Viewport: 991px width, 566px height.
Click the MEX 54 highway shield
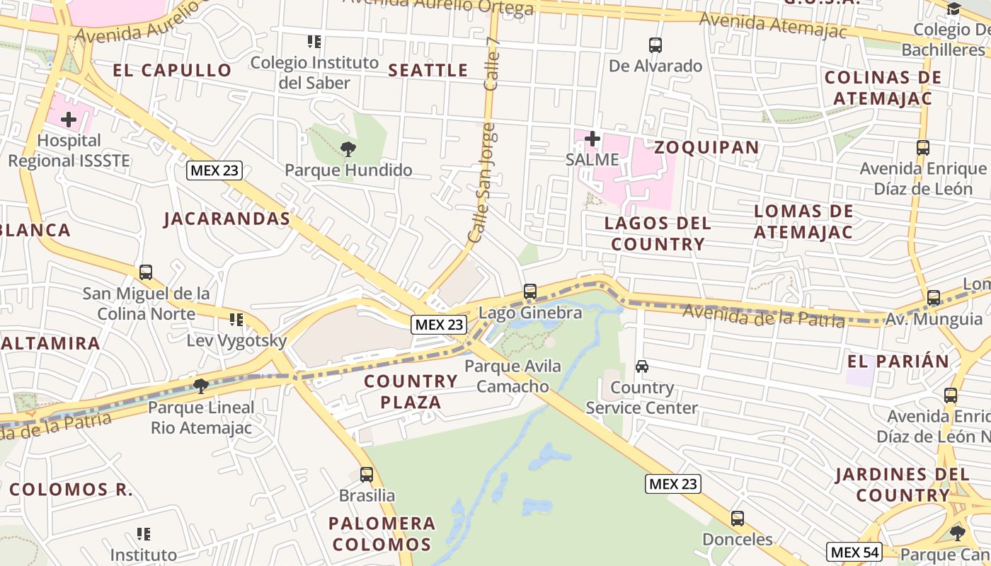pyautogui.click(x=854, y=552)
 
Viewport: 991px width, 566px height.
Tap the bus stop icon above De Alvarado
pyautogui.click(x=655, y=45)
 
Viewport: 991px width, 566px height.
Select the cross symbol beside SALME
pyautogui.click(x=592, y=139)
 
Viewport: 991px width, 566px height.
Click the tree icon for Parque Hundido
pyautogui.click(x=348, y=149)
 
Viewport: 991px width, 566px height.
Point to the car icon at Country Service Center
pyautogui.click(x=642, y=366)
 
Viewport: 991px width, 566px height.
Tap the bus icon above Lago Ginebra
pyautogui.click(x=529, y=291)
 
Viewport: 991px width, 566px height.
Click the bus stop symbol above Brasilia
pyautogui.click(x=367, y=474)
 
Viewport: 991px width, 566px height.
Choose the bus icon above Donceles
pyautogui.click(x=738, y=519)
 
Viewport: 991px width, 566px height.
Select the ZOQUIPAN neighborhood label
pyautogui.click(x=706, y=147)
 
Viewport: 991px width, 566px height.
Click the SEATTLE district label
pyautogui.click(x=428, y=70)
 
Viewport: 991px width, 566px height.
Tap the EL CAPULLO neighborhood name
pyautogui.click(x=172, y=70)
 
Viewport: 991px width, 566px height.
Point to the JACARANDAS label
pyautogui.click(x=227, y=219)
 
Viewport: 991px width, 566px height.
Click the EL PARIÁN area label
pyautogui.click(x=898, y=361)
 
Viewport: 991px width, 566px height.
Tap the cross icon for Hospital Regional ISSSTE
pyautogui.click(x=69, y=120)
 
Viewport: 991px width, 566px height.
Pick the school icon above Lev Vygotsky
pyautogui.click(x=236, y=320)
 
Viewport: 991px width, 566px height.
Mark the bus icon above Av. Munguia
pyautogui.click(x=934, y=298)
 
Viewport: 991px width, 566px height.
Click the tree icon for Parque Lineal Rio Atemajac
pyautogui.click(x=201, y=386)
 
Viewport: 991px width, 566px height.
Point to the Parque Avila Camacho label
pyautogui.click(x=512, y=376)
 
